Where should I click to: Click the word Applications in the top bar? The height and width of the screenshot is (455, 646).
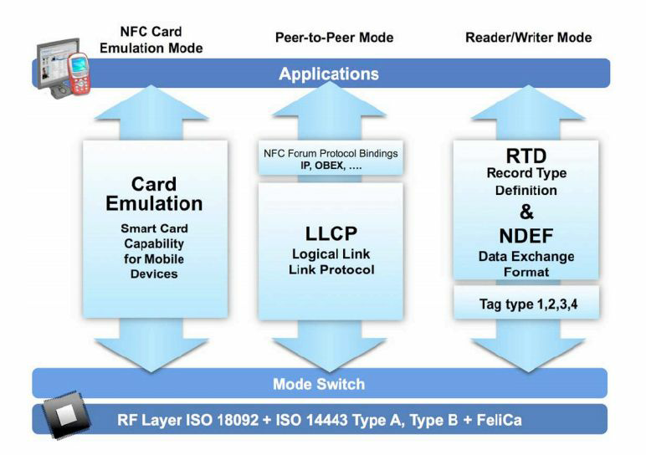(329, 74)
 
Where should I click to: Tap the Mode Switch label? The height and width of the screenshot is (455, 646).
(319, 384)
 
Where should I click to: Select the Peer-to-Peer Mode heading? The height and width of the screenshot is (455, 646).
(334, 38)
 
